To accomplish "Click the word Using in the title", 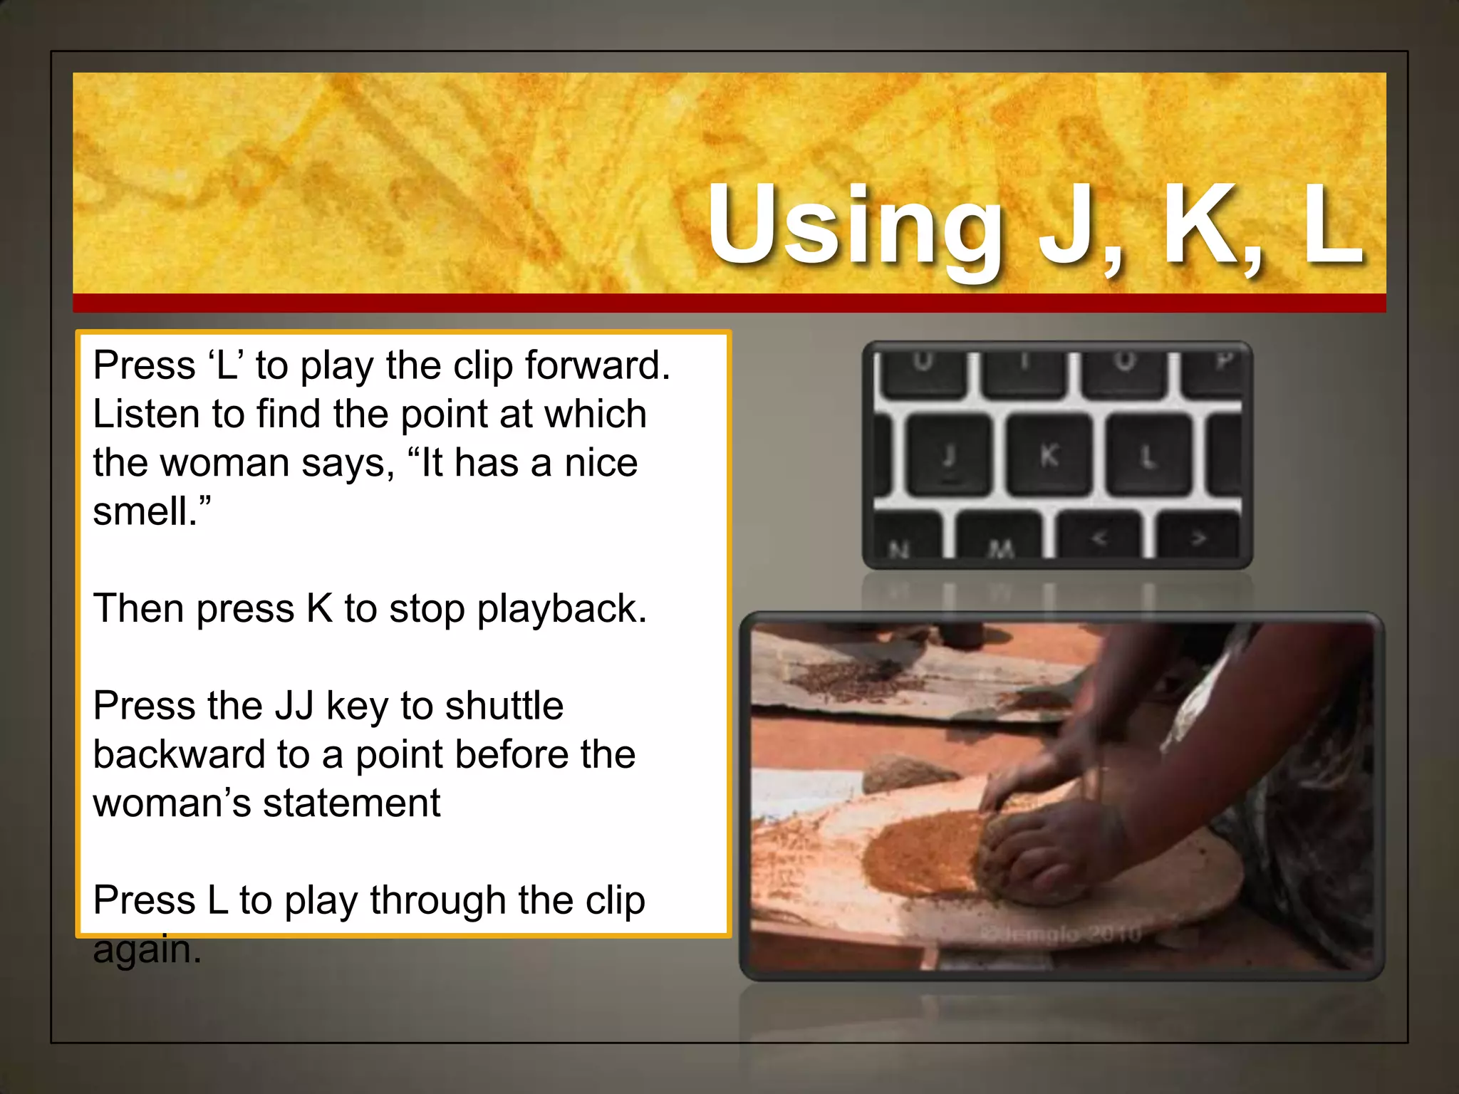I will pos(855,226).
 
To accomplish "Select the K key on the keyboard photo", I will pos(1049,455).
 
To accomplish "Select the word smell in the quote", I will pos(145,511).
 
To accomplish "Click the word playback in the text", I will pos(561,609).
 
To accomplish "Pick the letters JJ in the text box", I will pos(294,706).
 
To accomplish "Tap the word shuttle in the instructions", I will pos(504,706).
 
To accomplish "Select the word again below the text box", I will pos(147,950).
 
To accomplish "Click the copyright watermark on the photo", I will pos(1061,934).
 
